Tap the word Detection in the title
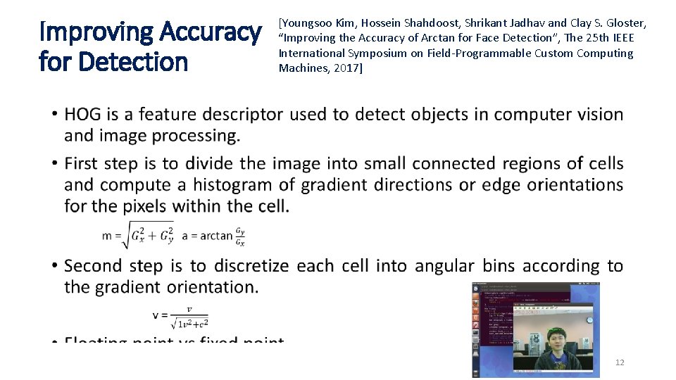click(134, 62)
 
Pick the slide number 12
click(620, 362)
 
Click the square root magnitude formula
click(138, 235)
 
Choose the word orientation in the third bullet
click(213, 287)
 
